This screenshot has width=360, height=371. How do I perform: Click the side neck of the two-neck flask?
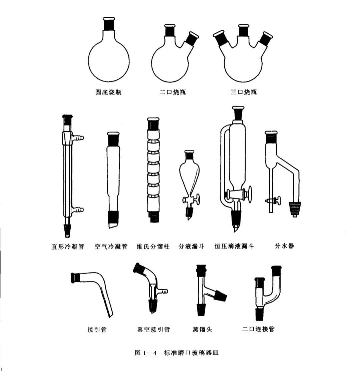192,39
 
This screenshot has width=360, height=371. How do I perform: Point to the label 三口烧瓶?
244,92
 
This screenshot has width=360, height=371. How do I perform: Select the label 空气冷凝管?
111,247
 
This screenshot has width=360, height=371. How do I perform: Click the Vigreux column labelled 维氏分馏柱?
153,170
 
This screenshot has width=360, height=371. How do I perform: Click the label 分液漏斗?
191,247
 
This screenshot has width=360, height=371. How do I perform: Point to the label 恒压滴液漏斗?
234,247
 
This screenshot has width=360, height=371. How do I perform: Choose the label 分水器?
285,247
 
